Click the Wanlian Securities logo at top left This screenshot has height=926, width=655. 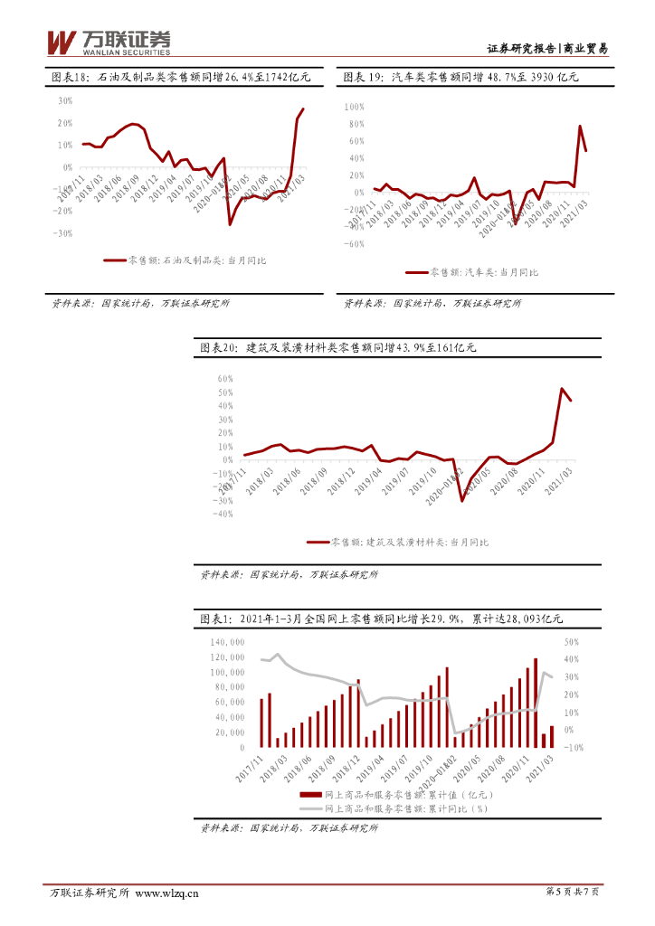[108, 42]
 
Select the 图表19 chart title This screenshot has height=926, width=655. [460, 79]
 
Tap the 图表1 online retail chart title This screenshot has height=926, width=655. [381, 619]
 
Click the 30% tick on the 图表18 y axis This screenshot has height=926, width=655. [65, 101]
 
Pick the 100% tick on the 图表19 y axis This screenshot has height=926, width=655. [353, 107]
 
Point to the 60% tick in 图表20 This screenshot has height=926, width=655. [226, 379]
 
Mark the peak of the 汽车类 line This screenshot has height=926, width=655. [580, 127]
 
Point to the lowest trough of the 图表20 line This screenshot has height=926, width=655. [462, 500]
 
